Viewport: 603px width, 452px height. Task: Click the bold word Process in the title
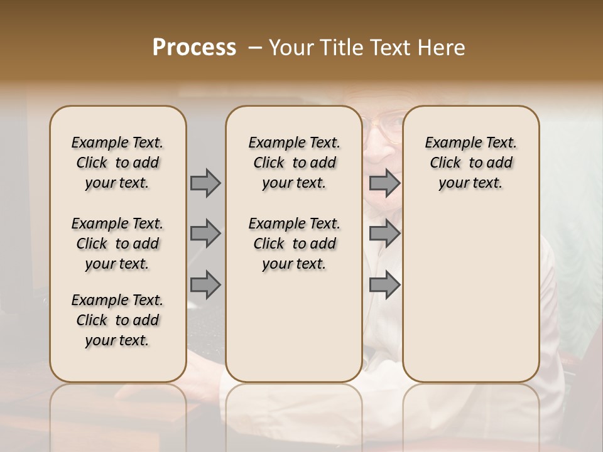(x=194, y=48)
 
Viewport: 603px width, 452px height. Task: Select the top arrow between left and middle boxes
(x=205, y=183)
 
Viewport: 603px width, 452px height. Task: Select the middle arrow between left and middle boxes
(x=205, y=234)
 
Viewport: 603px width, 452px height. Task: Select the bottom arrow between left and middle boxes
(x=205, y=284)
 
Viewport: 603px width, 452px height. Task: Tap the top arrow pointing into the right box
(x=384, y=183)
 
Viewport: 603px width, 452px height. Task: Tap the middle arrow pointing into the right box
(x=384, y=234)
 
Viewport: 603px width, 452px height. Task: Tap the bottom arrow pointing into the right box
(x=384, y=284)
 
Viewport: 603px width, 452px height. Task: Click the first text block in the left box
(x=117, y=163)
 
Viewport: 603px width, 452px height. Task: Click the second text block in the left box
(x=117, y=244)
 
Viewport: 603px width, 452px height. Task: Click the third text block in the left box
(x=117, y=320)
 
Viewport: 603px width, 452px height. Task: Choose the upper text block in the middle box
(x=294, y=163)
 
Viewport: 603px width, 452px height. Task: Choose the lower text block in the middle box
(x=294, y=244)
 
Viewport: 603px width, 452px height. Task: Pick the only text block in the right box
(x=470, y=163)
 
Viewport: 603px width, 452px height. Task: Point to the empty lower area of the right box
(x=470, y=295)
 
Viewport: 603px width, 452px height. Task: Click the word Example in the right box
(x=448, y=143)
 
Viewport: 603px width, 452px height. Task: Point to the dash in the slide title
(x=255, y=48)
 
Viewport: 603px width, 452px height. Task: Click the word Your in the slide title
(x=288, y=48)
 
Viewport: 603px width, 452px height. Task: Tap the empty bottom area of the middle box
(x=294, y=333)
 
